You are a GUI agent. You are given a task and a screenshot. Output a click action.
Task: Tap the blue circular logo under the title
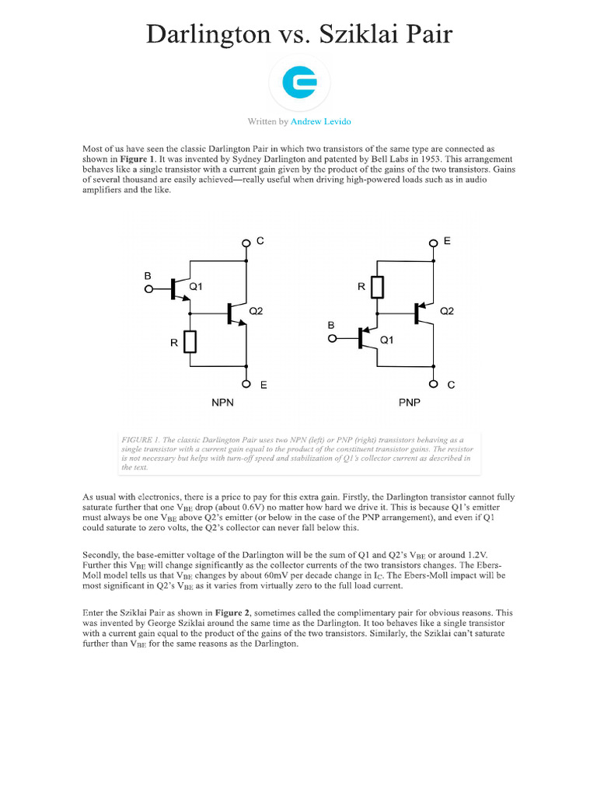pos(298,82)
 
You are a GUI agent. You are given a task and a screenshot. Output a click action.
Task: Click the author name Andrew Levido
pos(326,122)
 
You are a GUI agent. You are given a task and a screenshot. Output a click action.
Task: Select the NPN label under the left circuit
pos(223,404)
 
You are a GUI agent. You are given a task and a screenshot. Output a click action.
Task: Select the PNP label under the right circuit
pos(410,404)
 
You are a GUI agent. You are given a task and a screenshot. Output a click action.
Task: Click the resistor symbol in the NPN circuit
pos(190,340)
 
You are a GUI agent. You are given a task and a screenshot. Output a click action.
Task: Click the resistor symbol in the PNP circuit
pos(378,287)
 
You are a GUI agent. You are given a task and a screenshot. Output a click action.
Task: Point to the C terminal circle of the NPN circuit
pos(246,243)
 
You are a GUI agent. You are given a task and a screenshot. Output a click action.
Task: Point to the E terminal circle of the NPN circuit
pos(246,383)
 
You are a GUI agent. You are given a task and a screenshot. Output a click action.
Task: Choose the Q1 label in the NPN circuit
pos(195,287)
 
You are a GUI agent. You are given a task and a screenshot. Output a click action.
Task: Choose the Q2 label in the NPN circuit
pos(256,311)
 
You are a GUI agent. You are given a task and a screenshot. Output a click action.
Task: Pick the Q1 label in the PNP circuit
pos(386,340)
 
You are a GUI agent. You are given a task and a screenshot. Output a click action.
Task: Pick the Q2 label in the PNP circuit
pos(447,311)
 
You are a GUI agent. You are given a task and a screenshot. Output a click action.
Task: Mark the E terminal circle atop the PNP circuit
pos(433,243)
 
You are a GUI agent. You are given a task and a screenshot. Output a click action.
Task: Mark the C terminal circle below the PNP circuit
pos(433,383)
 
